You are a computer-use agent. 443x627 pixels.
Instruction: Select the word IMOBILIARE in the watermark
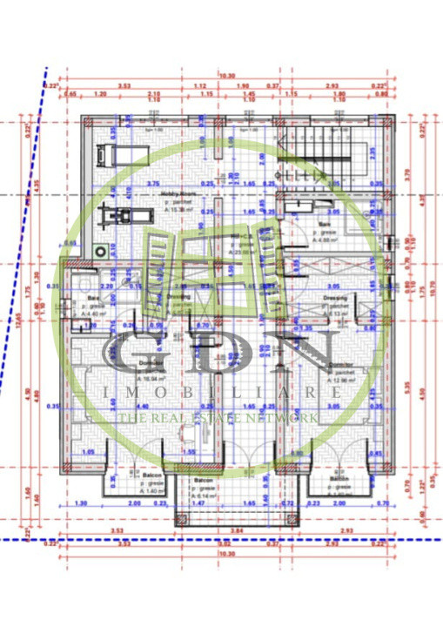pyautogui.click(x=222, y=393)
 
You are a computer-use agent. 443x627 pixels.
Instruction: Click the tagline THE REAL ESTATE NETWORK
pyautogui.click(x=218, y=419)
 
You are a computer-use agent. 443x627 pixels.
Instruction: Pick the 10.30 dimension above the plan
pyautogui.click(x=227, y=77)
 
